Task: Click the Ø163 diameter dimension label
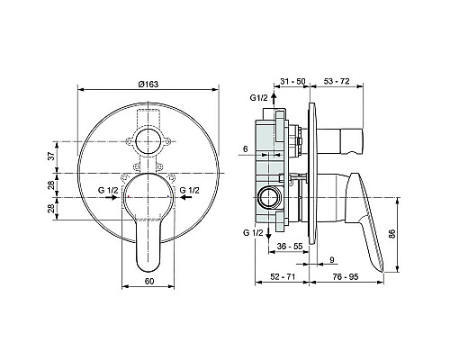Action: (148, 85)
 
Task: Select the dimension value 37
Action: (52, 156)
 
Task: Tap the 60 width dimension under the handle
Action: (149, 281)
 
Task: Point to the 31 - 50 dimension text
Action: (292, 81)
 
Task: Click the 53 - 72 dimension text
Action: (337, 81)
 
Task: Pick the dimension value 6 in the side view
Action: (246, 148)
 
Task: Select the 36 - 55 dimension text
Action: (290, 246)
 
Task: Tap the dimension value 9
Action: (332, 259)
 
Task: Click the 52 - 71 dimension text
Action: (283, 276)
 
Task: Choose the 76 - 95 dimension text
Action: (346, 276)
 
